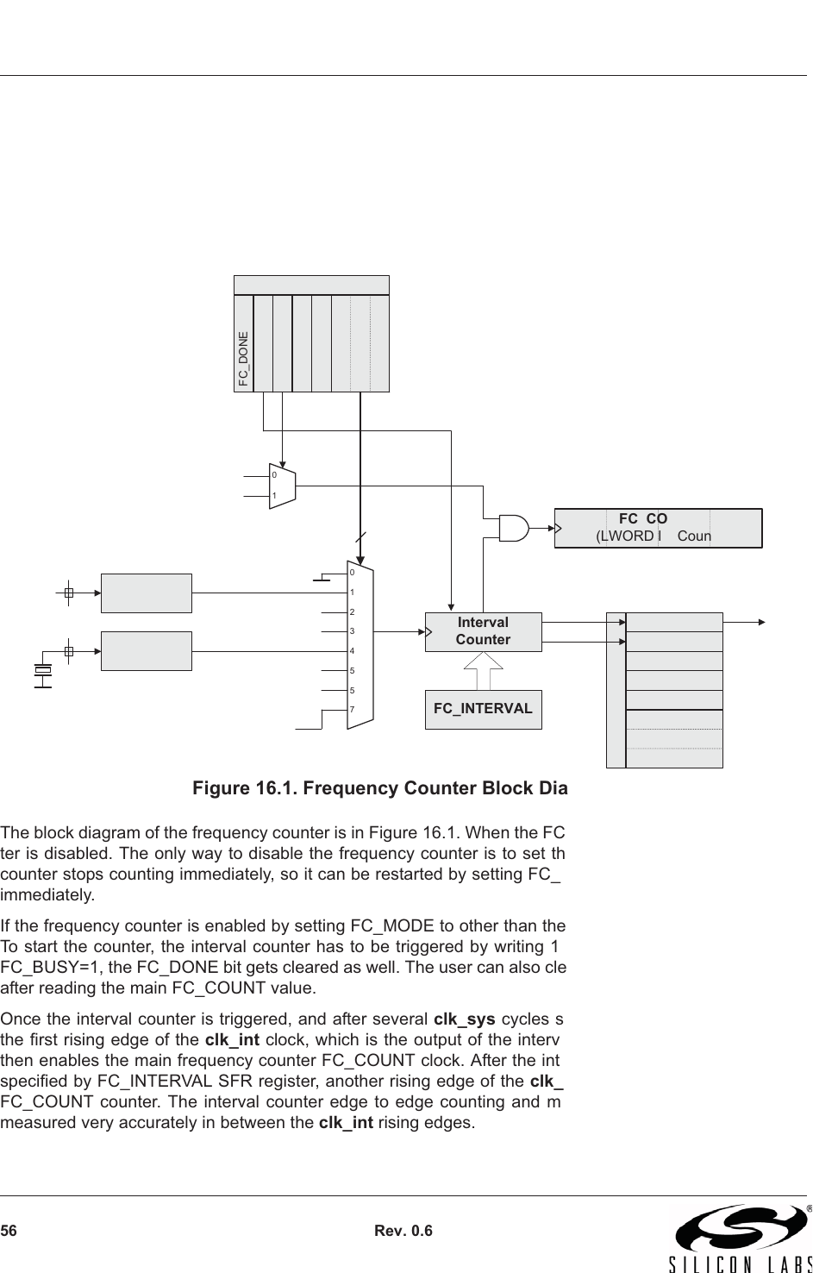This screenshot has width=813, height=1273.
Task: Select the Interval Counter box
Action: pos(483,631)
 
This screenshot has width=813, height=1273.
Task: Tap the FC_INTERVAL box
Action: pos(483,709)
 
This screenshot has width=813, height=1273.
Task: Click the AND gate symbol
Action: pos(514,528)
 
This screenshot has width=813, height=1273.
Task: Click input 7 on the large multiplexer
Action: pos(352,709)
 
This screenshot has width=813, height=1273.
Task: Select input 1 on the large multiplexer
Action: pos(352,593)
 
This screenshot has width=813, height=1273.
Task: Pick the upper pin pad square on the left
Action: pos(69,593)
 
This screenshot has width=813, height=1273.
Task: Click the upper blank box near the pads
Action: pos(147,593)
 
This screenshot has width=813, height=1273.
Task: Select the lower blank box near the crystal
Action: pos(147,650)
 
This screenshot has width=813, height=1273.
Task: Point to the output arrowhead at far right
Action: pos(761,621)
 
